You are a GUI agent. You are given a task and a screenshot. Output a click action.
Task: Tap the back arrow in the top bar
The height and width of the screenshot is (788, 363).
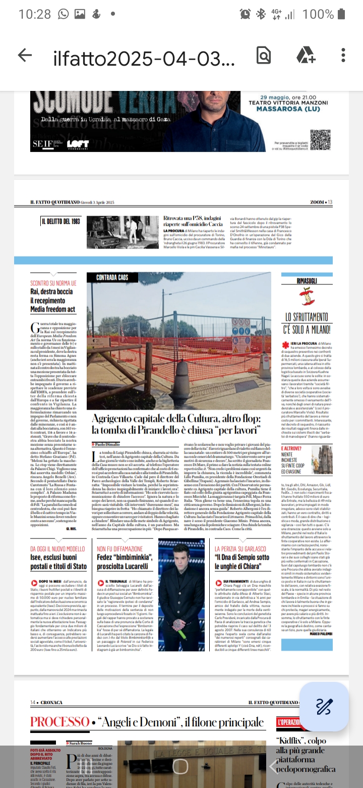[x=25, y=56]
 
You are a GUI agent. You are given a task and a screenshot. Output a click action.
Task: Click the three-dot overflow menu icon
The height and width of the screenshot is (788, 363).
[x=343, y=56]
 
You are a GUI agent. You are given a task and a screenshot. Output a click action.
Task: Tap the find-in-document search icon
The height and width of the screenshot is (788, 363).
[x=264, y=56]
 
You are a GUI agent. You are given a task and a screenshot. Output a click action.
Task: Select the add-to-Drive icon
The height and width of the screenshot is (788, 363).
[x=306, y=56]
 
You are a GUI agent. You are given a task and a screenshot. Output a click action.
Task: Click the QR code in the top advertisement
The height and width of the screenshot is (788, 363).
[x=320, y=140]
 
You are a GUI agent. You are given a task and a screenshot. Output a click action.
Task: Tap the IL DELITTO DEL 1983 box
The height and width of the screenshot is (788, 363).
[x=60, y=221]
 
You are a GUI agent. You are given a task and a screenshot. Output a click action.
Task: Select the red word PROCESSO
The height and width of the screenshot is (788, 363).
[x=60, y=722]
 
